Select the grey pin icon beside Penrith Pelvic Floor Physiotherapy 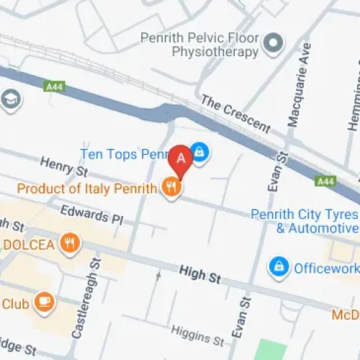273,45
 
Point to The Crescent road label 235,114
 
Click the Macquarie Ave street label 297,85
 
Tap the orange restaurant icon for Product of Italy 171,189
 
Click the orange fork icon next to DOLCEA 69,243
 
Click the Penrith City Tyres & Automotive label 305,221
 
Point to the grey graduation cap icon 10,98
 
